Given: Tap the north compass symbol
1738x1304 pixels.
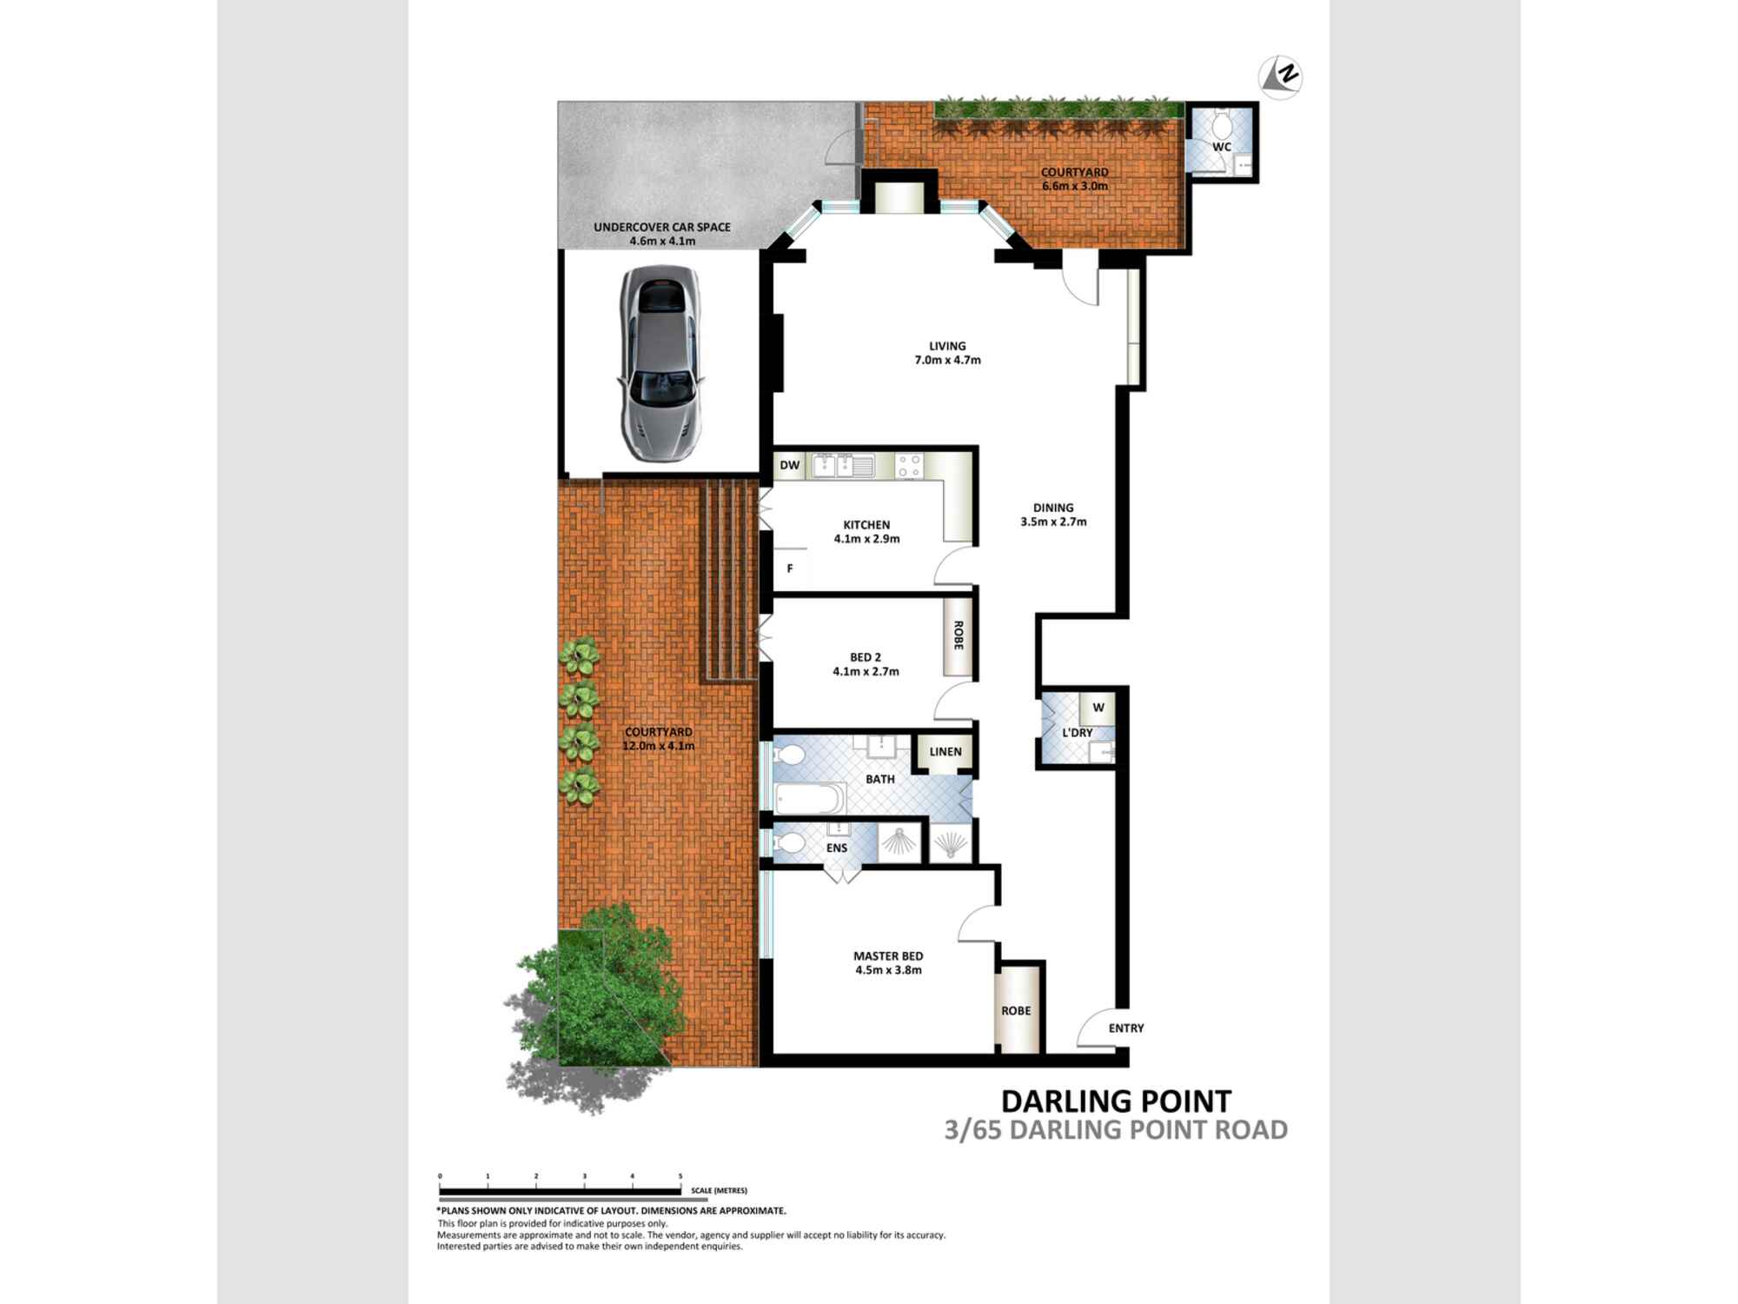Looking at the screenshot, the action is pos(1281,76).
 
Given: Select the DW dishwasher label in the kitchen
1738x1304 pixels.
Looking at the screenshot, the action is pos(789,465).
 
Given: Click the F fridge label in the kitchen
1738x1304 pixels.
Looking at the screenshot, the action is pos(790,569).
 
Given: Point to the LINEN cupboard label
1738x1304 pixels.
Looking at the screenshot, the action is pos(945,751).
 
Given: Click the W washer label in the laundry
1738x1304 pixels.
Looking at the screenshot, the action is pos(1098,708).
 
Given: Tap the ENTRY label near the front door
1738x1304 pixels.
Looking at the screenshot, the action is pos(1126,1028).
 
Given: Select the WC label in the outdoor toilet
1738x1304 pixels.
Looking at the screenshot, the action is pos(1222,147).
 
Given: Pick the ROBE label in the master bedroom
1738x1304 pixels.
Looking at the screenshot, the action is pos(1016,1010).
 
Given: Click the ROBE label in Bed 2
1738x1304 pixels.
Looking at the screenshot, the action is pos(959,635).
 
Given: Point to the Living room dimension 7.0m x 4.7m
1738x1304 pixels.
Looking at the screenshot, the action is pos(947,360).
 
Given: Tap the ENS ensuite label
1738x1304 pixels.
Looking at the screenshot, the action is pos(837,848).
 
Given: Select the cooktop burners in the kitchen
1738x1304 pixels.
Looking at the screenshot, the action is pos(909,466).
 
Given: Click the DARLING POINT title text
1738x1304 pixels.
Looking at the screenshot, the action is pos(1116,1101).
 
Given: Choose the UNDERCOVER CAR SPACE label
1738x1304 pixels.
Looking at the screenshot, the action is pos(662,227).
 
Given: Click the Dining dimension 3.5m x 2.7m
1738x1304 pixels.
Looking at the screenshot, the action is pos(1053,522).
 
